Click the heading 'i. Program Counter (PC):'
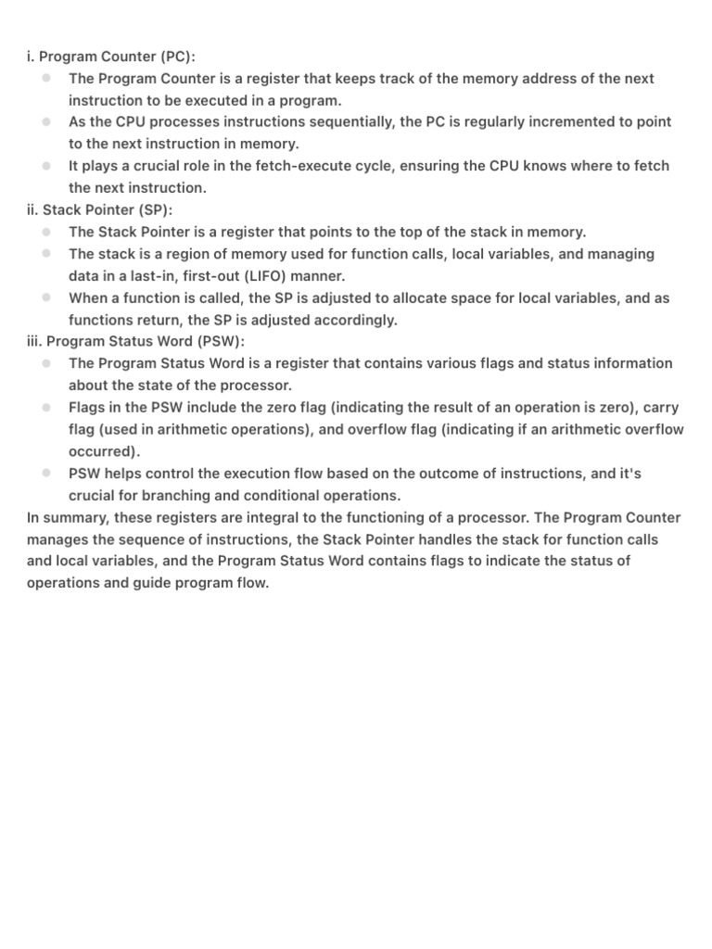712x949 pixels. coord(111,57)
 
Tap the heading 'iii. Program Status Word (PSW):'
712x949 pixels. coord(136,341)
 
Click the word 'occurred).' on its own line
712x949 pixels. coord(105,451)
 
